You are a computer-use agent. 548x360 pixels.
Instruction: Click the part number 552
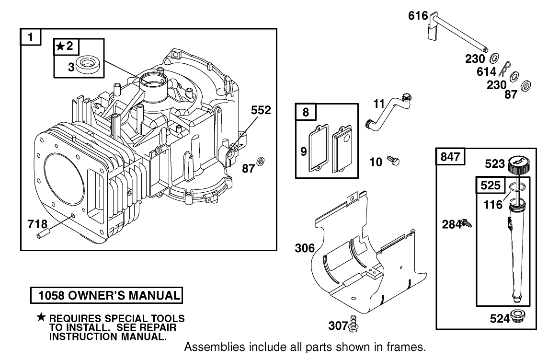click(x=261, y=110)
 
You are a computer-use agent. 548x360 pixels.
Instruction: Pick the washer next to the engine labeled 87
click(x=262, y=160)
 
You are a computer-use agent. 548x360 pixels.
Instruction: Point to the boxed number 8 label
click(x=306, y=113)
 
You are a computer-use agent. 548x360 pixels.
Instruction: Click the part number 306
click(x=305, y=248)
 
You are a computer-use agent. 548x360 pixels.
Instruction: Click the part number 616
click(x=418, y=16)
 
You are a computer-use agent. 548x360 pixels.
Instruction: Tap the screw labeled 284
click(x=466, y=223)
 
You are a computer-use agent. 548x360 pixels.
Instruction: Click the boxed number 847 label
click(x=450, y=157)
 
